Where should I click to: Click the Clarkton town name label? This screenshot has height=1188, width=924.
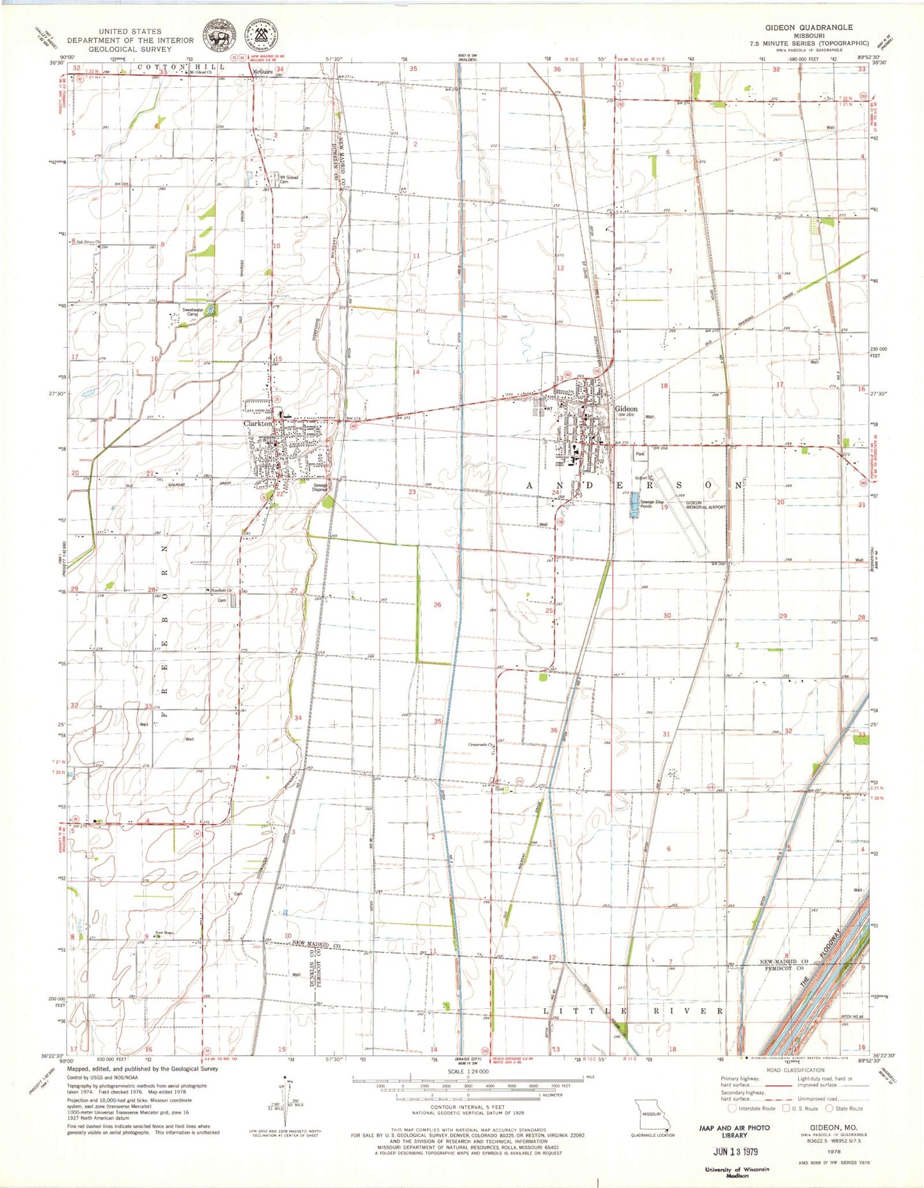pos(257,423)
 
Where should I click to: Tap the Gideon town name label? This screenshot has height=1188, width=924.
pos(626,408)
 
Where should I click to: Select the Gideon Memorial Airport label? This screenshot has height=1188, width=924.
pos(706,505)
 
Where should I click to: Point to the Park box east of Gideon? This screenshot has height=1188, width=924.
pos(640,454)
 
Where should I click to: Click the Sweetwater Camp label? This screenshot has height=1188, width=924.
pos(192,312)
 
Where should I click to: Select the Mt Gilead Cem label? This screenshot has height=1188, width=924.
pos(288,180)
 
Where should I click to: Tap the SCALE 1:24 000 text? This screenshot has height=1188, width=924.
pos(468,1071)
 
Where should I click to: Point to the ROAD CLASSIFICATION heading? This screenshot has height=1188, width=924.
pos(795,1070)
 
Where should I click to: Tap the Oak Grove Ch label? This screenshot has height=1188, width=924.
pos(89,242)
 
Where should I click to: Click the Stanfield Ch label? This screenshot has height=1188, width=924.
pos(220,590)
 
